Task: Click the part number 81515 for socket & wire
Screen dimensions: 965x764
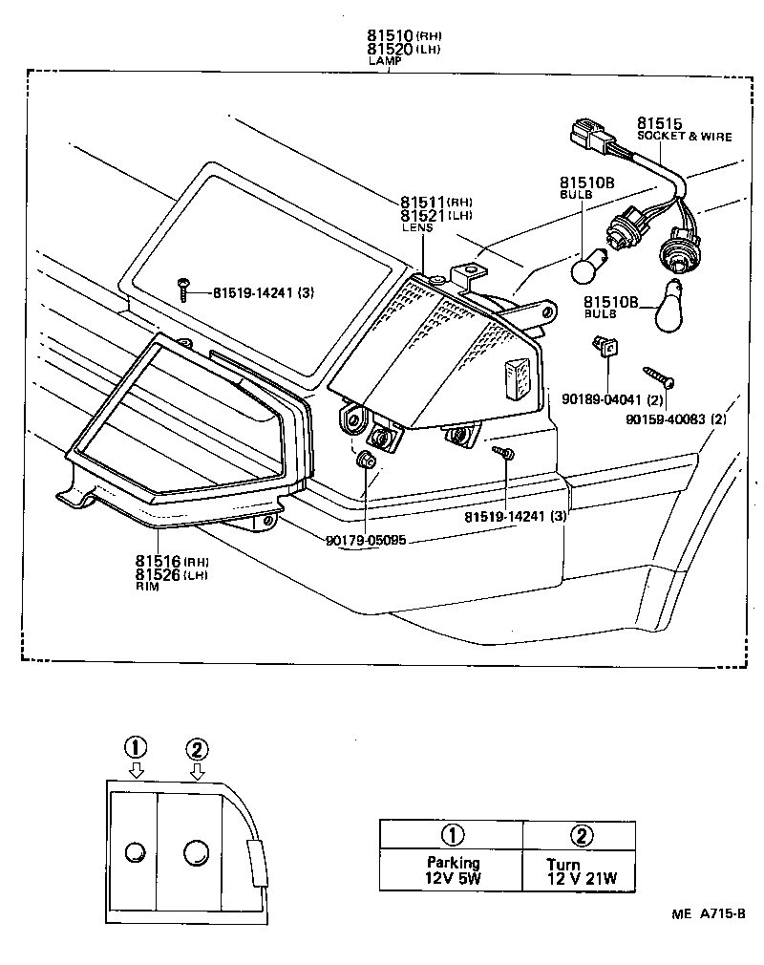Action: coord(659,124)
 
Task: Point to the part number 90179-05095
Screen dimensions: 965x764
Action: coord(366,540)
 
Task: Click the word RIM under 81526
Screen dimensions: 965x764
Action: coord(147,587)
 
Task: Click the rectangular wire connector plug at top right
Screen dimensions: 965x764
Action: coord(590,137)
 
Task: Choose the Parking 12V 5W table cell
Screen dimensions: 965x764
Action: coord(453,870)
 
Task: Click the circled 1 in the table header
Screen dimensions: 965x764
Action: coord(453,834)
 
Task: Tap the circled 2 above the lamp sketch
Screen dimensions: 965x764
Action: coord(197,749)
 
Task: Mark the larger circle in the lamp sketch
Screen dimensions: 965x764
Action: coord(197,851)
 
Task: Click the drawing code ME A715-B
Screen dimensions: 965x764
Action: coord(708,913)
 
